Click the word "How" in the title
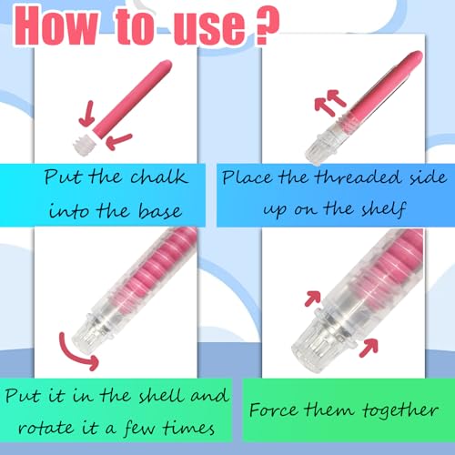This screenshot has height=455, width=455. point(57,26)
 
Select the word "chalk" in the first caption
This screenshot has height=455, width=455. point(159,177)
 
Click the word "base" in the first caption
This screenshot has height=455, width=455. point(160,211)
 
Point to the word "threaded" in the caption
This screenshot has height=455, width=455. point(358,177)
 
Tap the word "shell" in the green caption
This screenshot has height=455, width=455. point(162,396)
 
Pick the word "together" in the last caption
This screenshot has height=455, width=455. point(400,411)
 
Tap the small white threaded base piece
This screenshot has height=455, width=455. point(85,145)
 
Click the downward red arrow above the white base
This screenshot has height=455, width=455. point(87,115)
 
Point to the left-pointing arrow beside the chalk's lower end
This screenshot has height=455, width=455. point(118,141)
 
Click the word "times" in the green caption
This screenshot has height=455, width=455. point(188,428)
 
